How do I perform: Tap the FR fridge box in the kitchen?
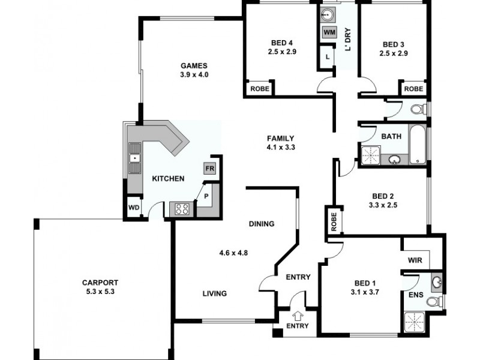[209, 169]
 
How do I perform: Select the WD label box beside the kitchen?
[134, 208]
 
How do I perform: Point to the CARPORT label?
[101, 283]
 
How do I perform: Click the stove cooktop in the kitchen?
[181, 209]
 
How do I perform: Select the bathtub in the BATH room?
[418, 145]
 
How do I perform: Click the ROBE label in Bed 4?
[259, 88]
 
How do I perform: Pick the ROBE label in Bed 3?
[413, 88]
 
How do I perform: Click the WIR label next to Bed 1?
[415, 260]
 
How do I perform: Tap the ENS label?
[415, 295]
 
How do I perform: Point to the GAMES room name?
[194, 65]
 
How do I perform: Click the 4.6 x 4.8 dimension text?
[234, 253]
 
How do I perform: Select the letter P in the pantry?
[205, 196]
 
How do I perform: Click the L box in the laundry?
[327, 56]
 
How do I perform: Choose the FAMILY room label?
[281, 137]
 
